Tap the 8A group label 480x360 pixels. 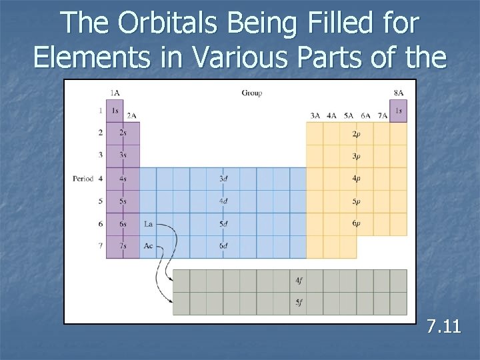click(398, 93)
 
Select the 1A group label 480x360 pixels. click(115, 93)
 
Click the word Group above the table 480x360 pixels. click(251, 93)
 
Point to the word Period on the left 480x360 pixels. click(83, 179)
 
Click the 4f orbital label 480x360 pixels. click(298, 281)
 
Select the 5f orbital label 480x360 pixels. click(298, 303)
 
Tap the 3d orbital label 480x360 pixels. click(223, 179)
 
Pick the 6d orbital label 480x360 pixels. click(223, 246)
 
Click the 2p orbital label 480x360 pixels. click(357, 133)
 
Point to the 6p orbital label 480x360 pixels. click(357, 223)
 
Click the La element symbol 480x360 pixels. click(148, 224)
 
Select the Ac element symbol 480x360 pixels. click(148, 246)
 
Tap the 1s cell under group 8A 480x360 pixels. click(399, 111)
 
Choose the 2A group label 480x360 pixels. click(131, 115)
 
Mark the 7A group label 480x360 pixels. click(382, 115)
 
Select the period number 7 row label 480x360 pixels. click(100, 246)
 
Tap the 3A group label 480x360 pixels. click(315, 115)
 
